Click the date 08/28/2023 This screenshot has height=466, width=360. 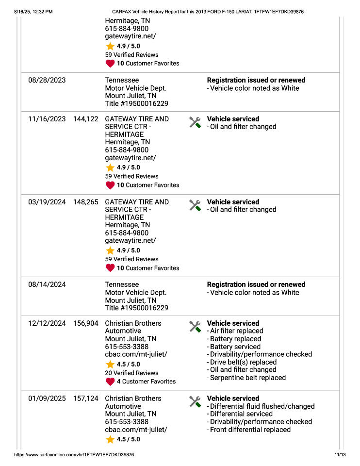pyautogui.click(x=47, y=81)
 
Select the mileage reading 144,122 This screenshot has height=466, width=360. pyautogui.click(x=85, y=119)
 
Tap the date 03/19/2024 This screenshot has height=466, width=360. pyautogui.click(x=47, y=202)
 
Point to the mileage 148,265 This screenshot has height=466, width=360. pyautogui.click(x=85, y=202)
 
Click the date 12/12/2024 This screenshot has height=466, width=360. pyautogui.click(x=47, y=323)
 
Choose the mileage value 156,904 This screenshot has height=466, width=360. pyautogui.click(x=85, y=323)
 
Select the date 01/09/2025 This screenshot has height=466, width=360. pyautogui.click(x=47, y=399)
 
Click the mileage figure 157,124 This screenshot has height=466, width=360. pyautogui.click(x=85, y=399)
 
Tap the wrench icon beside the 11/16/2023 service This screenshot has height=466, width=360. pyautogui.click(x=195, y=122)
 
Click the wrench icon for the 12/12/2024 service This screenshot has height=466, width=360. pyautogui.click(x=195, y=327)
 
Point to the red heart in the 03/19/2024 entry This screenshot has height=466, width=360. pyautogui.click(x=110, y=268)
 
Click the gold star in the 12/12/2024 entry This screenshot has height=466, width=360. pyautogui.click(x=110, y=364)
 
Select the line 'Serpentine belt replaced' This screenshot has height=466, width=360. pyautogui.click(x=247, y=378)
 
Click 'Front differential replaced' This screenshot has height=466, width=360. pyautogui.click(x=250, y=430)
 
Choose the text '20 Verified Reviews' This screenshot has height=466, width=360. pyautogui.click(x=131, y=373)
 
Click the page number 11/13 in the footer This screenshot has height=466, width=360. pyautogui.click(x=340, y=455)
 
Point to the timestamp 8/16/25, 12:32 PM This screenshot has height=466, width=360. pyautogui.click(x=33, y=11)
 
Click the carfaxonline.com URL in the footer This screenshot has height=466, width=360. pyautogui.click(x=74, y=455)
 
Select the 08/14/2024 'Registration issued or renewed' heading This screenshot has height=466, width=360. pyautogui.click(x=256, y=284)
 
